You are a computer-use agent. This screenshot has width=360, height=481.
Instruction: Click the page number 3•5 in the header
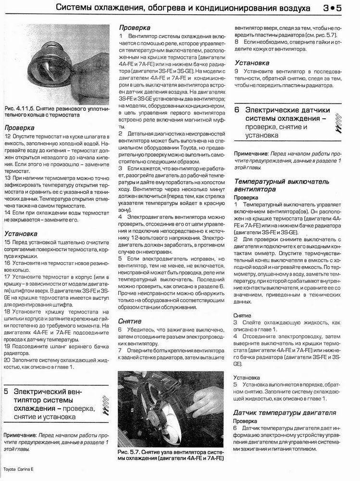[x=332, y=8]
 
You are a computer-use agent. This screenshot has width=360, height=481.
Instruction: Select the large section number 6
[x=237, y=110]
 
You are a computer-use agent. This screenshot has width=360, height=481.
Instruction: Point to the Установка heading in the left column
[x=22, y=234]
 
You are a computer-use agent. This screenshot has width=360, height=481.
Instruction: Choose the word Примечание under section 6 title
[x=250, y=154]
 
